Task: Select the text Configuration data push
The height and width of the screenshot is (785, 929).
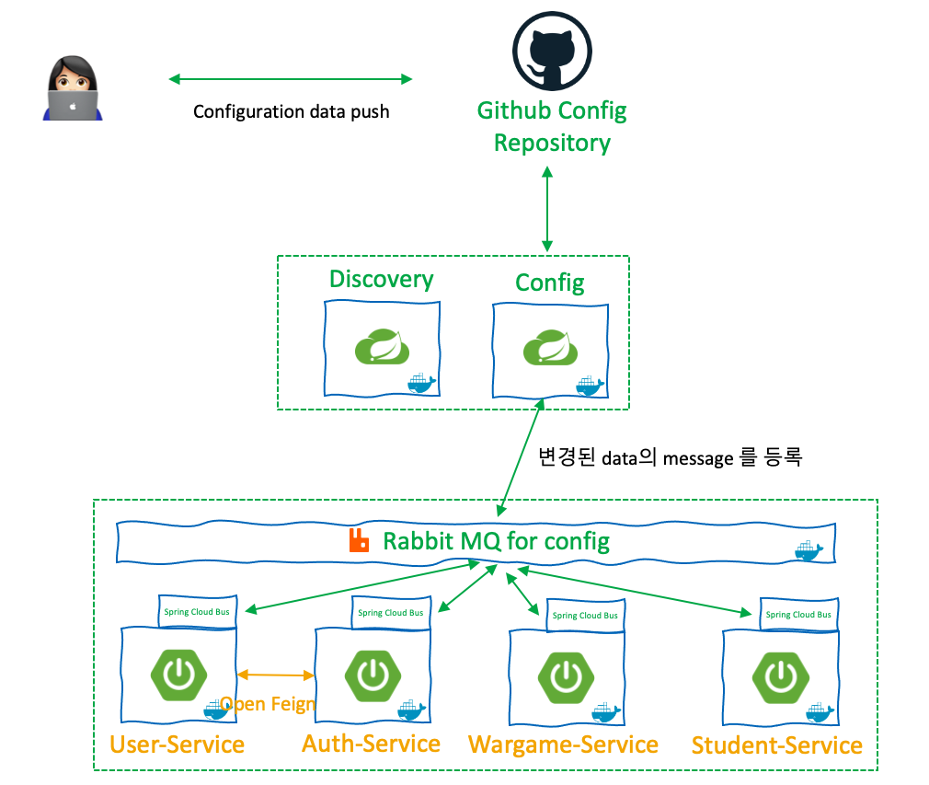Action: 291,111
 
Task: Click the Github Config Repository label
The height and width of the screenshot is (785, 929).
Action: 552,127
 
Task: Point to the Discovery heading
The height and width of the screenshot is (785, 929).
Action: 382,280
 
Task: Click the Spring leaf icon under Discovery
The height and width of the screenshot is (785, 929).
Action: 382,348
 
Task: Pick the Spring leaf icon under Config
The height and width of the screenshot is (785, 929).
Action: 550,348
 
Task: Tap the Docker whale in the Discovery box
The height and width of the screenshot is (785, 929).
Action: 421,383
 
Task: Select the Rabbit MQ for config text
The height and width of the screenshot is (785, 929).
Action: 496,540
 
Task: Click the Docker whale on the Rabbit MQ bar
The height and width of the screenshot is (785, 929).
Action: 808,550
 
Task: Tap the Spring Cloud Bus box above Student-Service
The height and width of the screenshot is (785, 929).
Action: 798,614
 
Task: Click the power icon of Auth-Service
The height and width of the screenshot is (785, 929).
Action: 373,675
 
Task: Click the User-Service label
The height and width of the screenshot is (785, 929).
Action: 178,744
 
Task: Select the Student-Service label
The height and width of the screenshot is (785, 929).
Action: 777,745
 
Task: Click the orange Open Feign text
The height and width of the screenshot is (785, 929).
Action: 269,705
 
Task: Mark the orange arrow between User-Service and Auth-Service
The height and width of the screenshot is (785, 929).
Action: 276,675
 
